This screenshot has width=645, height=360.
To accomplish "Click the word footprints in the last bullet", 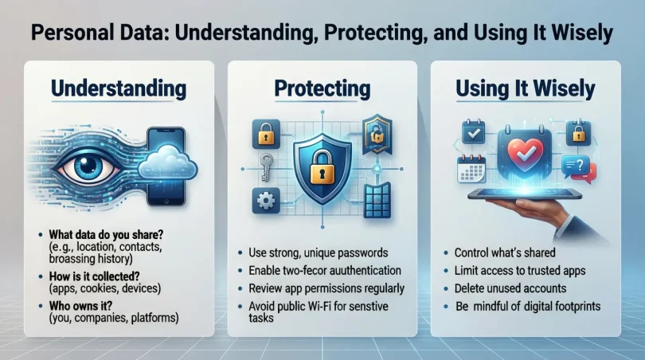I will coord(573,305).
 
